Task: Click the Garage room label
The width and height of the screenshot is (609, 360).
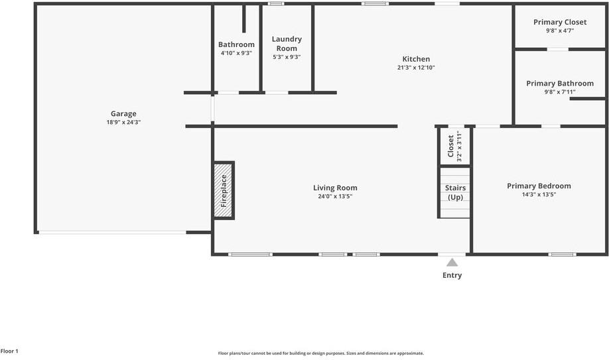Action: tap(123, 113)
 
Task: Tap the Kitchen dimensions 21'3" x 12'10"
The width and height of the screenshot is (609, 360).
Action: tap(416, 68)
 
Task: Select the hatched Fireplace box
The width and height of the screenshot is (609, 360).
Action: tap(224, 190)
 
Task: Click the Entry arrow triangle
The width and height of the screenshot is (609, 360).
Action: tap(452, 263)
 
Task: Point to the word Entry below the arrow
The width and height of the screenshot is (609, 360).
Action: tap(452, 275)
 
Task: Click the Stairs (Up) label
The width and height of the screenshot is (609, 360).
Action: tap(455, 192)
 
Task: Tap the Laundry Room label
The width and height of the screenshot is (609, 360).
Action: tap(287, 43)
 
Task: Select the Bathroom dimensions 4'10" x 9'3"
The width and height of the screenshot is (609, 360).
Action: tap(236, 53)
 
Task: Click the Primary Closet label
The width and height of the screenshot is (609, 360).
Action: tap(560, 22)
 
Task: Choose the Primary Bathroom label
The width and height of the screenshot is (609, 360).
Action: tap(560, 84)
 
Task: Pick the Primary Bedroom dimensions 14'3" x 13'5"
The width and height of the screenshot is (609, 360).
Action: tap(539, 195)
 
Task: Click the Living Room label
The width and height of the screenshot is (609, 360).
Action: tap(335, 188)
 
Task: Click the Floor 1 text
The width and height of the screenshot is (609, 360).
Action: tap(9, 351)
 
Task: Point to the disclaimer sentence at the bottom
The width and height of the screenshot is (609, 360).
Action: tap(321, 353)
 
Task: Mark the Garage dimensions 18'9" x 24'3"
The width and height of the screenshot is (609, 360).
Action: tap(123, 122)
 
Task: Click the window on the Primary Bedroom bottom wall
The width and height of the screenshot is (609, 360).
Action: tap(562, 254)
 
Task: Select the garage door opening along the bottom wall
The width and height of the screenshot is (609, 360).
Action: tap(111, 232)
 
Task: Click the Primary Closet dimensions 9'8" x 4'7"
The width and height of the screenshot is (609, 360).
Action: tap(560, 30)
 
